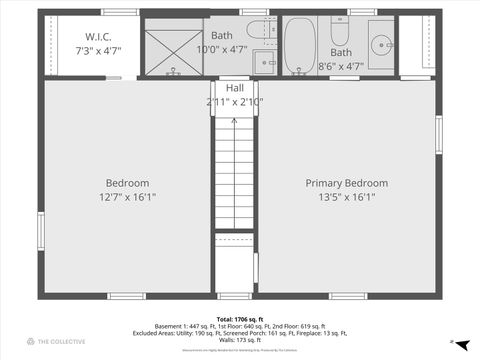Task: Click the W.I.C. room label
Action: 98,37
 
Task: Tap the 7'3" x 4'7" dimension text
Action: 98,49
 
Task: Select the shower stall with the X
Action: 173,53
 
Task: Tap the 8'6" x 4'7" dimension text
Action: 341,66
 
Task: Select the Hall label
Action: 235,89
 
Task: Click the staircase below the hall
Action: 235,170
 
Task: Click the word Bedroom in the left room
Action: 128,183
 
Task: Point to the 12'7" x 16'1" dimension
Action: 128,197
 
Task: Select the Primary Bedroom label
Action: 347,183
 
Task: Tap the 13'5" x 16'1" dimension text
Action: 347,197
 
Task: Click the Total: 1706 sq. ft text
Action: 239,319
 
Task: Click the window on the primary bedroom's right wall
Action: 438,134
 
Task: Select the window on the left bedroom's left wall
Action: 40,230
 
